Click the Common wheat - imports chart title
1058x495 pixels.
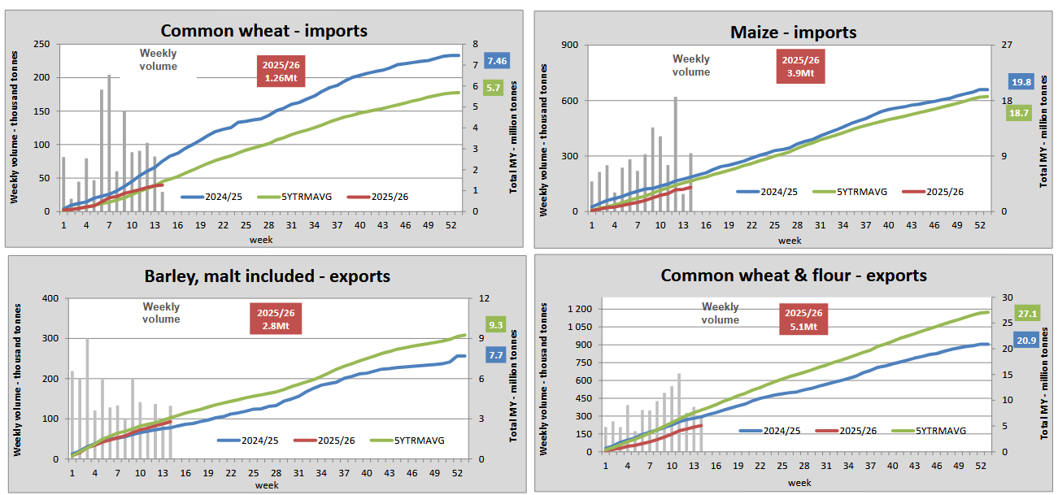(264, 31)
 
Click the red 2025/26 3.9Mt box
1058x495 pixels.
(800, 66)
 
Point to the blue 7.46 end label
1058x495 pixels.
(497, 61)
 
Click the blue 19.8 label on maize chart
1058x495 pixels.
(1021, 81)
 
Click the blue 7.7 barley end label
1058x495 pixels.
(495, 354)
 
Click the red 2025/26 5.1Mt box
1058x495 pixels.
(803, 320)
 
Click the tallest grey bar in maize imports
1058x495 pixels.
(675, 154)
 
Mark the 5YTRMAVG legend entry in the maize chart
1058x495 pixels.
(855, 193)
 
